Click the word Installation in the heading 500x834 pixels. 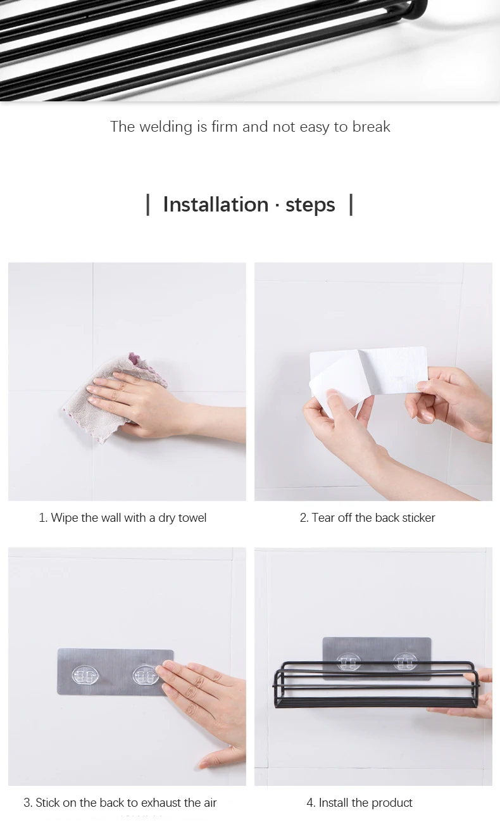[x=216, y=205]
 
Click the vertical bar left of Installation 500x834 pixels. [x=148, y=205]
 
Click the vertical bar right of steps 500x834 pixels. [x=351, y=205]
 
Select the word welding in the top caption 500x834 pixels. [x=166, y=127]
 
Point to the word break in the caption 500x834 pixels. [x=372, y=127]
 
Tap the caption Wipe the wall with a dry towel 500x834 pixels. [x=122, y=517]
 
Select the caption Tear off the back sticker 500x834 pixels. [x=368, y=517]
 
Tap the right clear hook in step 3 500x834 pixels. [x=146, y=676]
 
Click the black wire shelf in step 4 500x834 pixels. [x=376, y=685]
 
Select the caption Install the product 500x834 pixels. [x=359, y=803]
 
